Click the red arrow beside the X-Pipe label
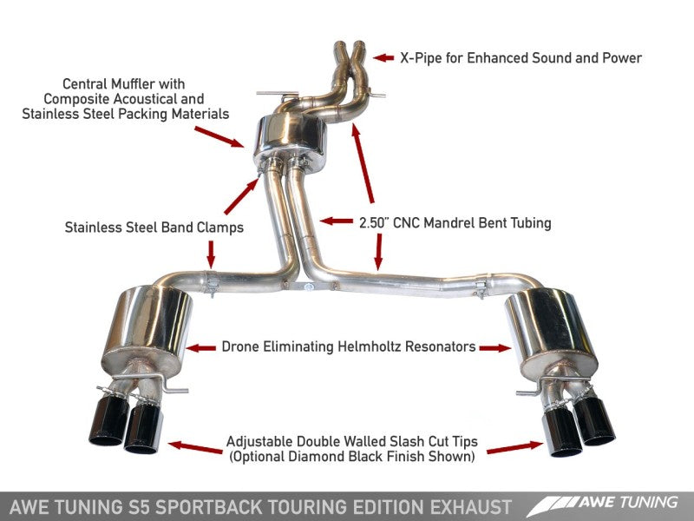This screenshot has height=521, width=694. click(383, 58)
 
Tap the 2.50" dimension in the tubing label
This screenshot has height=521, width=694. click(379, 222)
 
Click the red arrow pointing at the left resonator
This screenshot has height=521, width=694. click(201, 347)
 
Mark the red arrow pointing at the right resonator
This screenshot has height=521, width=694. click(495, 347)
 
